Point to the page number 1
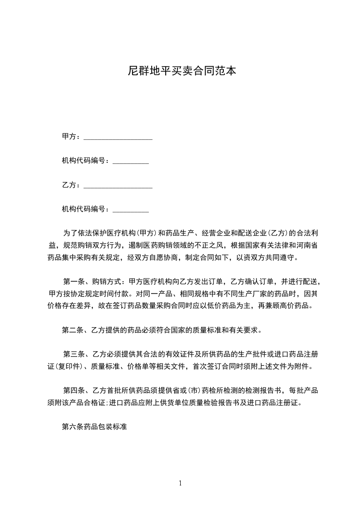[180, 483]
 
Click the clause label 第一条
[73, 281]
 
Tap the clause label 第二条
[73, 330]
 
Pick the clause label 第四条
[73, 391]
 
